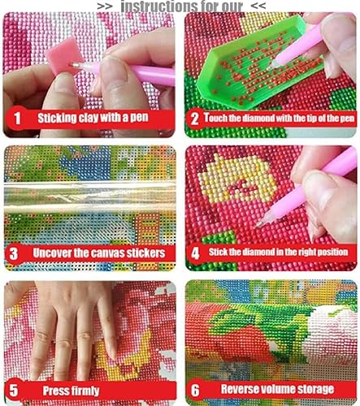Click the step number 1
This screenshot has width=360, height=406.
click(17, 119)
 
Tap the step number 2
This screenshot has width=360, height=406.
click(194, 119)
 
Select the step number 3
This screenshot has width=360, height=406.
click(14, 253)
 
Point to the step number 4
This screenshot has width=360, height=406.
click(195, 253)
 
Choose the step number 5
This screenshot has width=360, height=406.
click(14, 391)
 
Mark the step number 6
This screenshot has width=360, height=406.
click(195, 390)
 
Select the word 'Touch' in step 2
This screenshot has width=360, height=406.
click(216, 118)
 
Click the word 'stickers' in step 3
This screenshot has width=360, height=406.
click(146, 253)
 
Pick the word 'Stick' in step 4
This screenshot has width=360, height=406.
click(218, 252)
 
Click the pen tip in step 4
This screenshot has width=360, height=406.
click(259, 224)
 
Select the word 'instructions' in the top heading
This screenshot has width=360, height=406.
click(154, 6)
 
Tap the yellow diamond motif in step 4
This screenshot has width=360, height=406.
click(237, 179)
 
